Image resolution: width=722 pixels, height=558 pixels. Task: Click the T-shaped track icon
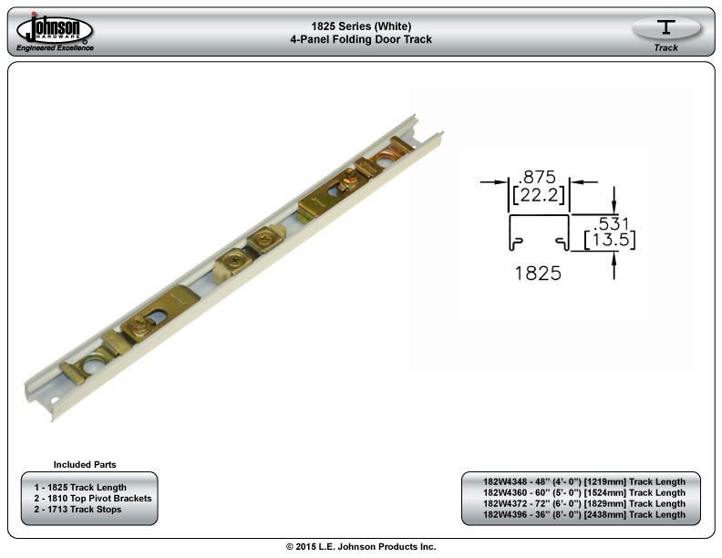(x=665, y=26)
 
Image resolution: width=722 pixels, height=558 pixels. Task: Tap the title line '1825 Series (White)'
(x=361, y=26)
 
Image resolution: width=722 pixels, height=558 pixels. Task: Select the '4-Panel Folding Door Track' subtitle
(x=361, y=39)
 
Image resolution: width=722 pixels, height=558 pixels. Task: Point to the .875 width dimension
(x=537, y=177)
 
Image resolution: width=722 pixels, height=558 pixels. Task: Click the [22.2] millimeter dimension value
(x=538, y=195)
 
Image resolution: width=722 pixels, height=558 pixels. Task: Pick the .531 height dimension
(x=611, y=223)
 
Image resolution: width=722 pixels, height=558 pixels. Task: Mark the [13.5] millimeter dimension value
(x=610, y=240)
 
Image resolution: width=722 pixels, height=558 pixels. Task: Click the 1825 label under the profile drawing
(x=538, y=273)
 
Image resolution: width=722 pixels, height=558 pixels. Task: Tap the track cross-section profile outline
(x=539, y=215)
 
